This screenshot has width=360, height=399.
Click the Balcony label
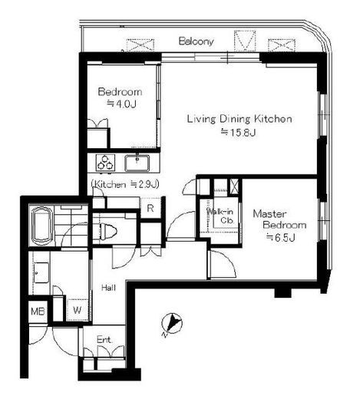pos(196,41)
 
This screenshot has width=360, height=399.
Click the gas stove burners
pos(105,163)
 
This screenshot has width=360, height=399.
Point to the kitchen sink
pos(137,163)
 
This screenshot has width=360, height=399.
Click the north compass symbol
pos(172,323)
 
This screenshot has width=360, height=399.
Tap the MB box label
pos(38,312)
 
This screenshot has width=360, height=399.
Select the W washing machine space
pos(78,310)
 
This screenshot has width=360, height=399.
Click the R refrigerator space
pos(150,208)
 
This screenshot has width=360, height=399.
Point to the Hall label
pos(108,288)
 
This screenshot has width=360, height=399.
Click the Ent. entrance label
pos(104,340)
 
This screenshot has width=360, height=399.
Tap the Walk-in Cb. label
pos(220,216)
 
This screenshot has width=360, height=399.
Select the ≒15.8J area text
pos(239,132)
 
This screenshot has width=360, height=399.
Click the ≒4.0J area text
pos(121,104)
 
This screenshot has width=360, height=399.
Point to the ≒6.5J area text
pos(281,237)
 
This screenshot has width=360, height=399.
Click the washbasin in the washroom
pos(41,272)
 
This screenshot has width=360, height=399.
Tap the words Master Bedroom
pos(279,219)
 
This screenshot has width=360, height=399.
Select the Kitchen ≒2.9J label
pos(125,184)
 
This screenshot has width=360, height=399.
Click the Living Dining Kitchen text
pos(239,119)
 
